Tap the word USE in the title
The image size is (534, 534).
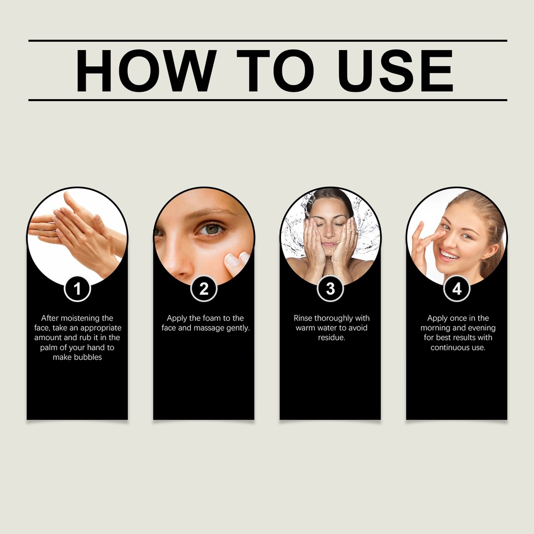(x=395, y=70)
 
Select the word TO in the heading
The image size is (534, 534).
(x=275, y=70)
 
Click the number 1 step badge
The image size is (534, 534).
(x=77, y=289)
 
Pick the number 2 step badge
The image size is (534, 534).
(x=204, y=289)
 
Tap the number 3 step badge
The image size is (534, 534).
(x=330, y=289)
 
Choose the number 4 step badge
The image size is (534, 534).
(x=457, y=289)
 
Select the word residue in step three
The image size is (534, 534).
(x=331, y=337)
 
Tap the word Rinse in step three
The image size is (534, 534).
(x=303, y=318)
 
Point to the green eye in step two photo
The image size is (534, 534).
(x=212, y=229)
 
